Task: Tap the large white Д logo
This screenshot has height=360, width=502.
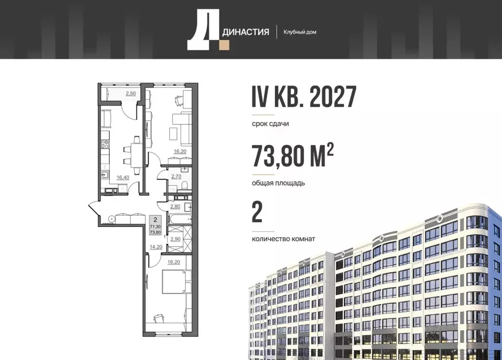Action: pos(202,30)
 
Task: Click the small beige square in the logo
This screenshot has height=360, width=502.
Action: pos(224,45)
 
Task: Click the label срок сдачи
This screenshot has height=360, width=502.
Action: pos(270,124)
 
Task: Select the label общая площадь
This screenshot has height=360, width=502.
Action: pos(278,183)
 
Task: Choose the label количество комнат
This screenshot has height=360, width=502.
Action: pos(283,239)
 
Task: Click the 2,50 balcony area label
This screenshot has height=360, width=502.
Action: pos(131,93)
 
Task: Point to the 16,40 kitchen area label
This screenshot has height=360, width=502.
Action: pos(122,178)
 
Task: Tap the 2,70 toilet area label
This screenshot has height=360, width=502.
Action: pos(175,175)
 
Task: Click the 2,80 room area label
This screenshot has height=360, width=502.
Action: pos(175,206)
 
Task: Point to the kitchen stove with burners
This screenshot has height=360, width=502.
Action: pos(105,144)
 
